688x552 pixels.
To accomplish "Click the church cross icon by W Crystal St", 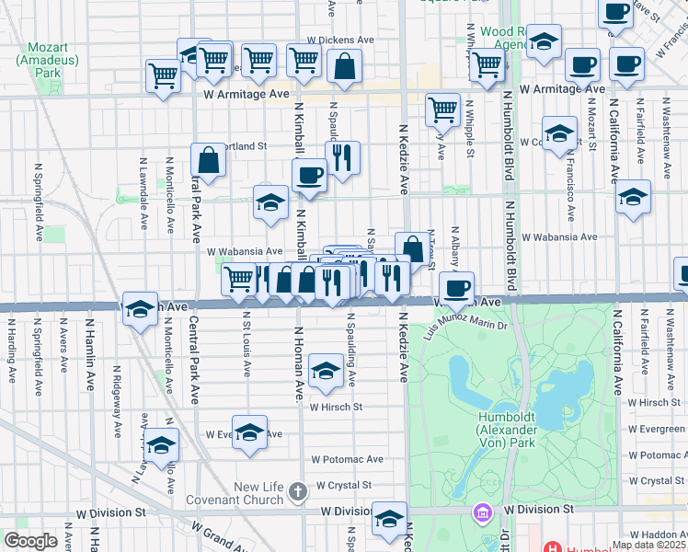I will coord(296,491).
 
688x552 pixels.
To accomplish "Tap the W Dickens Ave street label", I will coord(341,40).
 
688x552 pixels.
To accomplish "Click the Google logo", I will coord(30,541).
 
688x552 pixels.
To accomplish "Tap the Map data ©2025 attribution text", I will coord(648,545).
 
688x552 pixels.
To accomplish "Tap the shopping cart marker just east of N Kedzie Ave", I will coord(442,109).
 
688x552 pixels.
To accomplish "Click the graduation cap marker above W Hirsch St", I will coord(326,371).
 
